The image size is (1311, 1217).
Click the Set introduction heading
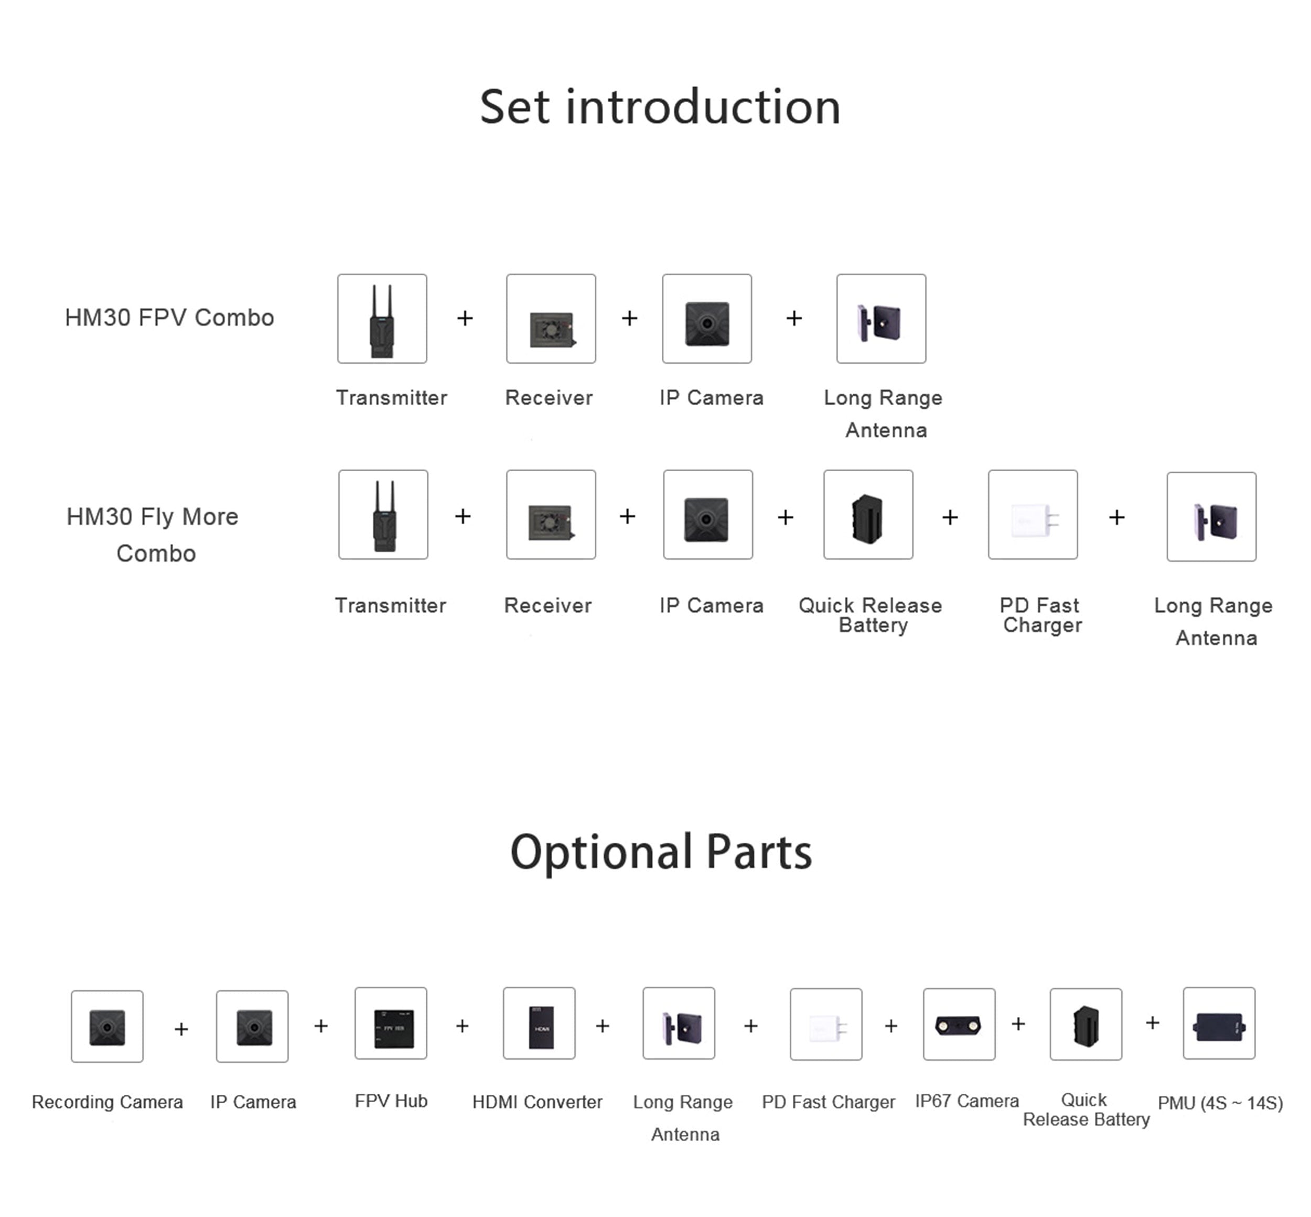(x=660, y=107)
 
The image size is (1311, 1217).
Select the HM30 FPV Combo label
(x=169, y=318)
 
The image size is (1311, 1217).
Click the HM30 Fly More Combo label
(x=153, y=534)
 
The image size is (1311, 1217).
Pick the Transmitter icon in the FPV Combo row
(x=382, y=319)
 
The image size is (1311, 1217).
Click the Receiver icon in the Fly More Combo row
(x=551, y=514)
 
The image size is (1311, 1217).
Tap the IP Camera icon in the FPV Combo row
(x=707, y=319)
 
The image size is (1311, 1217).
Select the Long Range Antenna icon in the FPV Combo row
(x=881, y=319)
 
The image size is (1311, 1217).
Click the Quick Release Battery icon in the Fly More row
(x=868, y=514)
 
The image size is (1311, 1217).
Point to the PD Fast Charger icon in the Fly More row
(x=1033, y=514)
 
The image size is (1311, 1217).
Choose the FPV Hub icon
(x=391, y=1023)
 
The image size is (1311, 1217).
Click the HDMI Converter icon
(x=539, y=1023)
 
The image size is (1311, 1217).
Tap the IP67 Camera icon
(x=959, y=1024)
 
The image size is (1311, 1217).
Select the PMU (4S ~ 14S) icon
(x=1219, y=1023)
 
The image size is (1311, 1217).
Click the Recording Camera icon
(x=108, y=1026)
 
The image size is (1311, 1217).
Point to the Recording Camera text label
(x=108, y=1102)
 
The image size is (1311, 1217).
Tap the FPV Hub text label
(x=391, y=1101)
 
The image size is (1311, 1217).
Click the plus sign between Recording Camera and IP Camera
(x=181, y=1029)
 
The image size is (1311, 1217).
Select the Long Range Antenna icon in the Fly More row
(x=1211, y=516)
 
